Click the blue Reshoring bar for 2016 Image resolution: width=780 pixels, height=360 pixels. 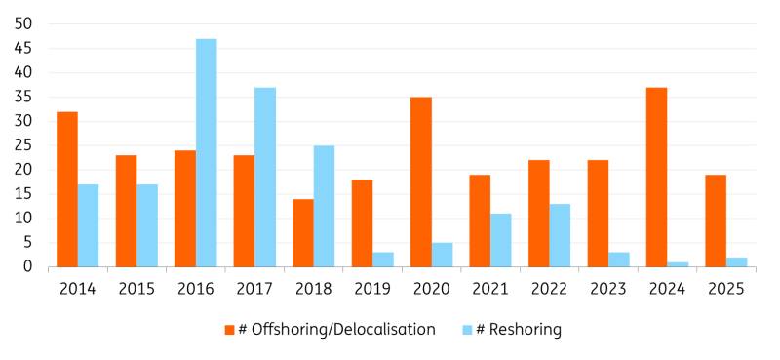[x=206, y=153]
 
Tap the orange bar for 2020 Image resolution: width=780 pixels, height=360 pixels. [x=421, y=181]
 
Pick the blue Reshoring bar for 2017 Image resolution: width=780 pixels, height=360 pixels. [x=265, y=177]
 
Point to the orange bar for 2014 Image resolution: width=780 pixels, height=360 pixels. [x=67, y=189]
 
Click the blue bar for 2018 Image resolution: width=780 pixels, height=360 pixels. [x=324, y=206]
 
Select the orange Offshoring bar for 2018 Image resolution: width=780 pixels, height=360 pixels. [x=303, y=233]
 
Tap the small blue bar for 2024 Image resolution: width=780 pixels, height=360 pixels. [x=678, y=264]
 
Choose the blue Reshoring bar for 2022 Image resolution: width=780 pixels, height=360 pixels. [x=560, y=235]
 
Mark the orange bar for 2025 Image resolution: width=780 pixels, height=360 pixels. [x=716, y=220]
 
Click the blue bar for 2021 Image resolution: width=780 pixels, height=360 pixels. [x=500, y=240]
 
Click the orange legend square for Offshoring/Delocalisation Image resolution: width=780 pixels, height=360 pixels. [x=230, y=330]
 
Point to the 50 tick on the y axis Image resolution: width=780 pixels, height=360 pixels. [x=22, y=23]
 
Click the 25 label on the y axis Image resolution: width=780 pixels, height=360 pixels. [x=22, y=145]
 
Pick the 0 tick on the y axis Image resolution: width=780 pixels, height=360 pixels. [x=27, y=267]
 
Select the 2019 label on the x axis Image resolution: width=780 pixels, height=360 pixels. [x=372, y=288]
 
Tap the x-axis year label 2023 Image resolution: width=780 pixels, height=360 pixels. [x=608, y=288]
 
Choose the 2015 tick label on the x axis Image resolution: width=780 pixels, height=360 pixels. [x=136, y=288]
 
